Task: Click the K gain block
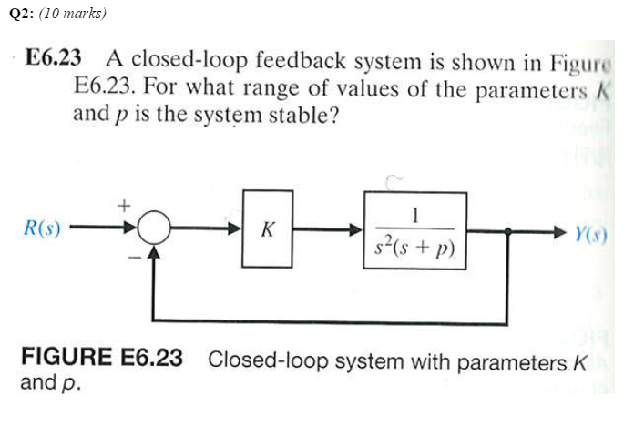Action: [x=267, y=228]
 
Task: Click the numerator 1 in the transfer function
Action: [x=415, y=215]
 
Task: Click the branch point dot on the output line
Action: [x=507, y=229]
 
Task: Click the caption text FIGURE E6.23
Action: [x=101, y=358]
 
